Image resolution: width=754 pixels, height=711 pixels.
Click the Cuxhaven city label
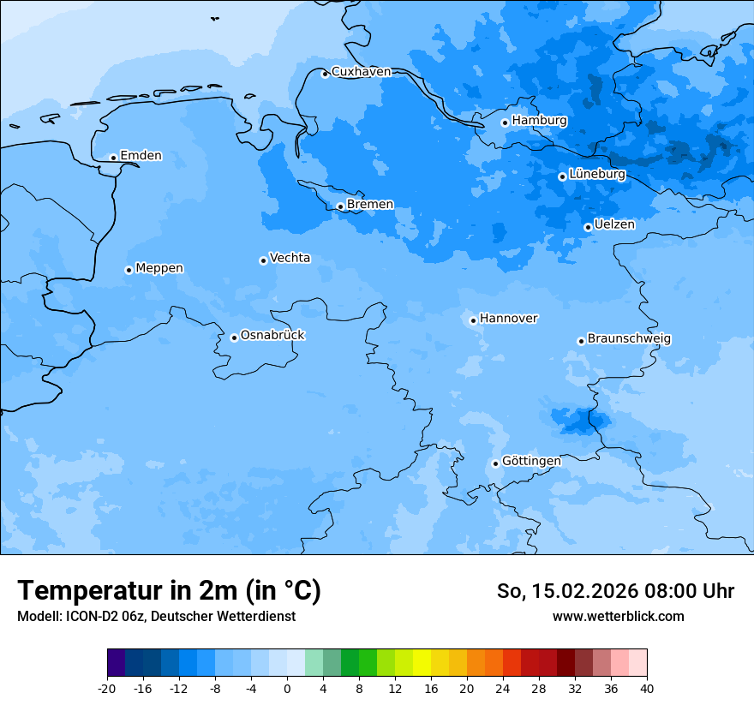[x=361, y=72]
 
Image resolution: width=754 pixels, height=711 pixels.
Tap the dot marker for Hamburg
[x=505, y=122]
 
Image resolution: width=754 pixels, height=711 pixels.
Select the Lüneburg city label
[x=596, y=174]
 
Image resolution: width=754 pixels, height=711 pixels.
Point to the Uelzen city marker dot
[x=588, y=227]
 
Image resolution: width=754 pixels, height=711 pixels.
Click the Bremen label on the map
[x=370, y=205]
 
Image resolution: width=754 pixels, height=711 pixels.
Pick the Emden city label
[x=141, y=156]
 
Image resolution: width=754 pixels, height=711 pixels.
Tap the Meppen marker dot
[x=129, y=270]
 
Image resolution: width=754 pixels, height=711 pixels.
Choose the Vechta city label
[x=290, y=258]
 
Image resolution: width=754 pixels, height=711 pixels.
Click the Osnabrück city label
[x=272, y=336]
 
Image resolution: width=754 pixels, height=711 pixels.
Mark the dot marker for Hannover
[x=473, y=320]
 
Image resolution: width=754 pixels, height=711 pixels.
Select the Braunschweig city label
[x=629, y=339]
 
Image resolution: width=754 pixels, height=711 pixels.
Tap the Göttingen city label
[x=531, y=462]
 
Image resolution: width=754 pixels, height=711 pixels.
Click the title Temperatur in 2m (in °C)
[x=169, y=591]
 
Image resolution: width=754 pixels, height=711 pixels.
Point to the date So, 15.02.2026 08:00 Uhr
[x=615, y=591]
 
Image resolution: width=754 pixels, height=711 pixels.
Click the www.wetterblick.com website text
[x=618, y=617]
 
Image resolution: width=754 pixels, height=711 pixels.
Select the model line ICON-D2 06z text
[x=156, y=617]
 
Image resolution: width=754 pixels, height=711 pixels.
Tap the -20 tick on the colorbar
[x=107, y=689]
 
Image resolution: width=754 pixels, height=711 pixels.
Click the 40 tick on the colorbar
[x=646, y=689]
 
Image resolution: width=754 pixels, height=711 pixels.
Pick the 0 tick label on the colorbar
[x=287, y=689]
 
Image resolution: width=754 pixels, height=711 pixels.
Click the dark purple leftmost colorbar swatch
[x=117, y=663]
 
